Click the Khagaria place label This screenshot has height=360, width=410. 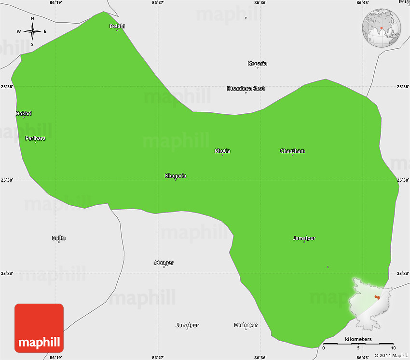pyautogui.click(x=176, y=175)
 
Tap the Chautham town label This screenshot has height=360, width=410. pyautogui.click(x=292, y=151)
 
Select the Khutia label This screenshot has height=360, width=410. pyautogui.click(x=222, y=151)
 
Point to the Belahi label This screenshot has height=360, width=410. pyautogui.click(x=117, y=26)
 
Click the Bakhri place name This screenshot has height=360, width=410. pyautogui.click(x=24, y=113)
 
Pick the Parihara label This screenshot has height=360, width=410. pyautogui.click(x=36, y=138)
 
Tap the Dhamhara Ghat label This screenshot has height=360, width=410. pyautogui.click(x=246, y=88)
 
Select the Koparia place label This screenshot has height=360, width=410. pyautogui.click(x=257, y=64)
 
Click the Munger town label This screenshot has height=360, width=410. pyautogui.click(x=164, y=263)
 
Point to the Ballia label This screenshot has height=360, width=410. pyautogui.click(x=59, y=238)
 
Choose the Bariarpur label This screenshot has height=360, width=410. pyautogui.click(x=246, y=325)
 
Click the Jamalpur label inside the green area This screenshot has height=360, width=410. pyautogui.click(x=304, y=238)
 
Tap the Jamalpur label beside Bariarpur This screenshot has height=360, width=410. pyautogui.click(x=187, y=325)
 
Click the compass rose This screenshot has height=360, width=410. pyautogui.click(x=32, y=32)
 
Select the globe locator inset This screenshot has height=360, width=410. pyautogui.click(x=382, y=28)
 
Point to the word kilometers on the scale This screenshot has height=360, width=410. pyautogui.click(x=358, y=339)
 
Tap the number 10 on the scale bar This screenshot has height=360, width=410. pyautogui.click(x=393, y=348)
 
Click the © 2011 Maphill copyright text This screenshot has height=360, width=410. pyautogui.click(x=390, y=356)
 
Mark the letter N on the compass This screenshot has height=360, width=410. pyautogui.click(x=32, y=18)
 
